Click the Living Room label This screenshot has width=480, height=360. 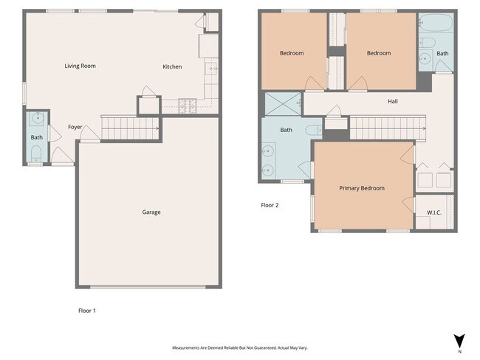tap(80, 66)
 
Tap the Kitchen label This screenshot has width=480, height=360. tap(172, 67)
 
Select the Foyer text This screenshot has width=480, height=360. tap(75, 127)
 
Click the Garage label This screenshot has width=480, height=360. tap(151, 212)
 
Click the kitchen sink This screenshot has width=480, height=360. tap(210, 69)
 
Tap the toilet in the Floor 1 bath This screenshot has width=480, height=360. tap(36, 153)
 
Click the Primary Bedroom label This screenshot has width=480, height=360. tap(362, 188)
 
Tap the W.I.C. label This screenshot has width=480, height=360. tap(433, 213)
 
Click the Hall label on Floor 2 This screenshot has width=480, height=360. tap(392, 101)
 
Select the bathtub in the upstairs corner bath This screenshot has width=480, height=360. tap(436, 24)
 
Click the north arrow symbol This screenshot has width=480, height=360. tap(459, 341)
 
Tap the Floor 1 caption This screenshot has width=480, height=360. tap(86, 311)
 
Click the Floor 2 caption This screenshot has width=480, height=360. tap(270, 205)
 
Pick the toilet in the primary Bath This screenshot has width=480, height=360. tap(312, 130)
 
